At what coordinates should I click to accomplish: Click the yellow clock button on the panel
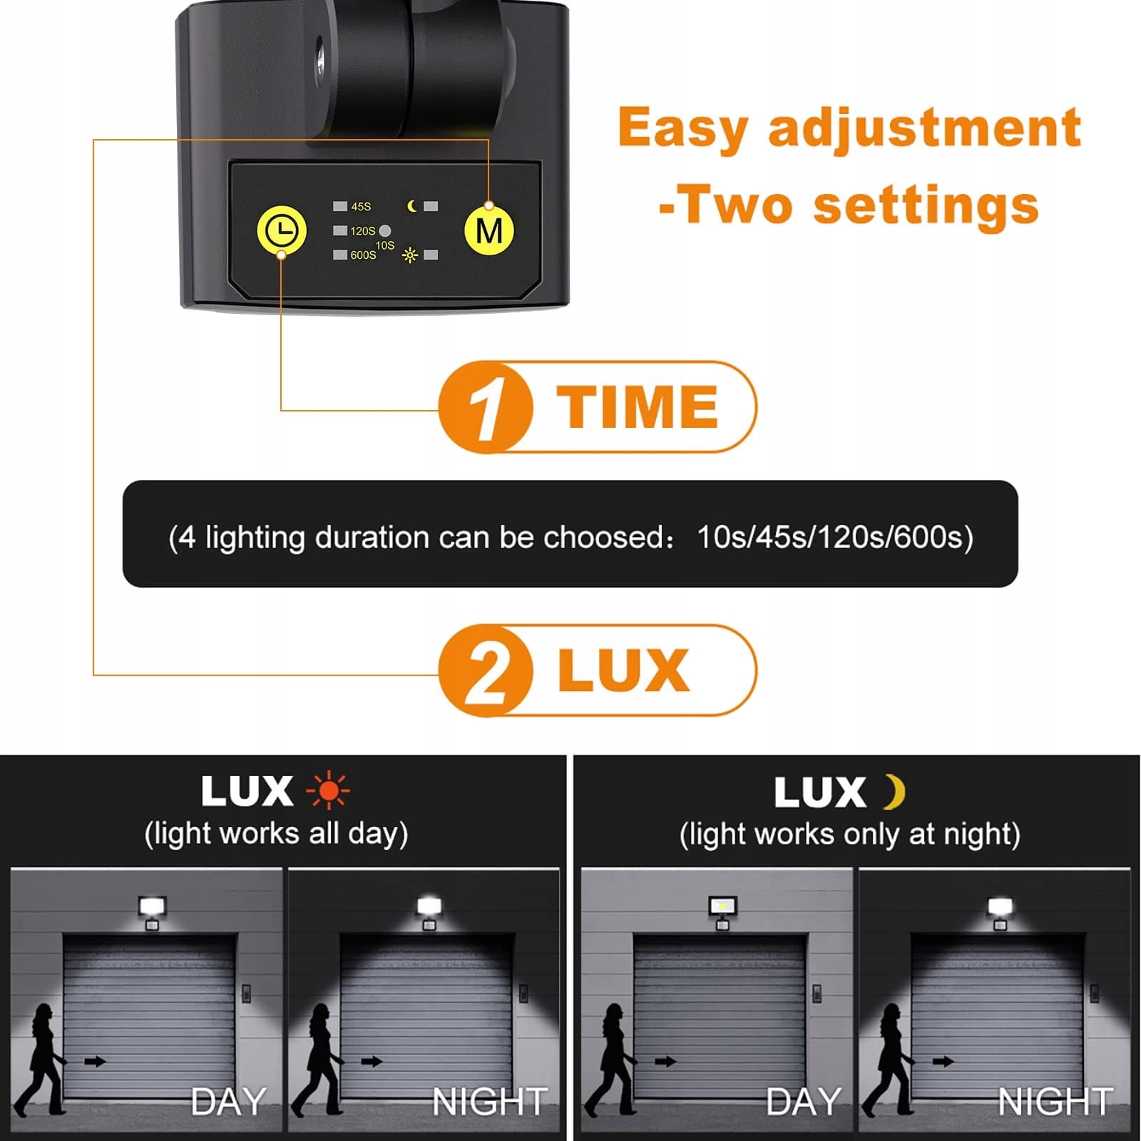(x=282, y=230)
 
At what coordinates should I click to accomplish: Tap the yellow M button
(x=489, y=230)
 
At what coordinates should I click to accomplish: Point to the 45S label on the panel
(x=361, y=207)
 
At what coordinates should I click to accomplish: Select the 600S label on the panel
(x=363, y=255)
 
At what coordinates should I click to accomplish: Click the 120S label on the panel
(x=362, y=231)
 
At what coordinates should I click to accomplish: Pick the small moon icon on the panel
(x=412, y=206)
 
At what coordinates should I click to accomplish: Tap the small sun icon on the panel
(x=410, y=255)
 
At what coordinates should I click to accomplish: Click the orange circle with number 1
(x=485, y=407)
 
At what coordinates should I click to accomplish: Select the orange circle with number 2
(x=485, y=670)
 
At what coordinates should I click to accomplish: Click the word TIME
(x=638, y=406)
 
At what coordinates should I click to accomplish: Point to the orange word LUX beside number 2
(x=624, y=670)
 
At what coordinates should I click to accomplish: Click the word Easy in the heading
(x=683, y=128)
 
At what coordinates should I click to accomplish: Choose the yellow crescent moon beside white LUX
(x=894, y=792)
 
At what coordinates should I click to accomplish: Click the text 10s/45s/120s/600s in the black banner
(x=834, y=536)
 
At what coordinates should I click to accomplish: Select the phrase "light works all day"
(x=276, y=834)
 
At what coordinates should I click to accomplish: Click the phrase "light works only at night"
(x=849, y=834)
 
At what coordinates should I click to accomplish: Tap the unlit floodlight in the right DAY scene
(x=723, y=906)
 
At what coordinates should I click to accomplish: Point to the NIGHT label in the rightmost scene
(x=1055, y=1102)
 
